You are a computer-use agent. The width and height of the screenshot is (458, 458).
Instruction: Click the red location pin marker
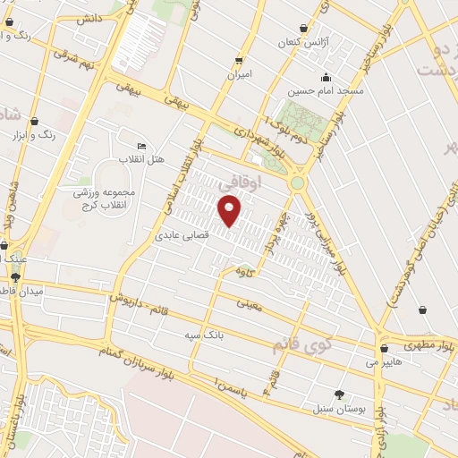(230, 211)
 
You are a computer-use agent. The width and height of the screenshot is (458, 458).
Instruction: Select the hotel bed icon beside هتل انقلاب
(140, 146)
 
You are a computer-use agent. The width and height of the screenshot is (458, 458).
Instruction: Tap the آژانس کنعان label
(304, 43)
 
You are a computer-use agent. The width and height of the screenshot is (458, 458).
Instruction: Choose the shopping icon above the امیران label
(238, 60)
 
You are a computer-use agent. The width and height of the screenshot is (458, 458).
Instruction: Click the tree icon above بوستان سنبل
(339, 394)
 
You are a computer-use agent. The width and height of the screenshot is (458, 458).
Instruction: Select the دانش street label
(89, 18)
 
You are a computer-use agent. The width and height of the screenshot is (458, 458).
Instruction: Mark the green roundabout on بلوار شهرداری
(298, 182)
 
